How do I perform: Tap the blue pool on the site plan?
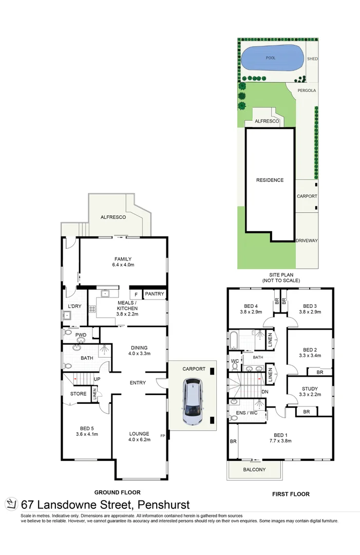pyautogui.click(x=271, y=59)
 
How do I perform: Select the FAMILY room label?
pyautogui.click(x=123, y=259)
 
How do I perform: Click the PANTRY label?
pyautogui.click(x=154, y=294)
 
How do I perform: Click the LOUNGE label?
pyautogui.click(x=139, y=434)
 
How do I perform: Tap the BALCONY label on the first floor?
pyautogui.click(x=254, y=470)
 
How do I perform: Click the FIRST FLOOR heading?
pyautogui.click(x=290, y=494)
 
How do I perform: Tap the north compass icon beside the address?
pyautogui.click(x=11, y=504)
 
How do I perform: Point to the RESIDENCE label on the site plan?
pyautogui.click(x=270, y=180)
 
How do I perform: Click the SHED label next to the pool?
pyautogui.click(x=312, y=59)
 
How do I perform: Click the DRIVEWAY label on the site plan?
pyautogui.click(x=307, y=240)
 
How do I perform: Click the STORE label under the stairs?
pyautogui.click(x=78, y=394)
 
